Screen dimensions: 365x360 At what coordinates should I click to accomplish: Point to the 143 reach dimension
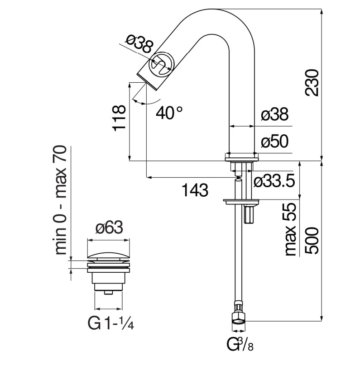pos(195,190)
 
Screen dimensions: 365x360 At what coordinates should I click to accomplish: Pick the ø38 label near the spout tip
pos(139,44)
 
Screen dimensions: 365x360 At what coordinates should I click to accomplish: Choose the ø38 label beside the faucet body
pos(274,115)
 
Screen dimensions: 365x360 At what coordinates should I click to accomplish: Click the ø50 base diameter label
pos(274,142)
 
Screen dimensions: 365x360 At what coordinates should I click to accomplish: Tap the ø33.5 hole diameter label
pos(275,181)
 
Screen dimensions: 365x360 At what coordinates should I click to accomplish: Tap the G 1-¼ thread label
pos(110,323)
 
